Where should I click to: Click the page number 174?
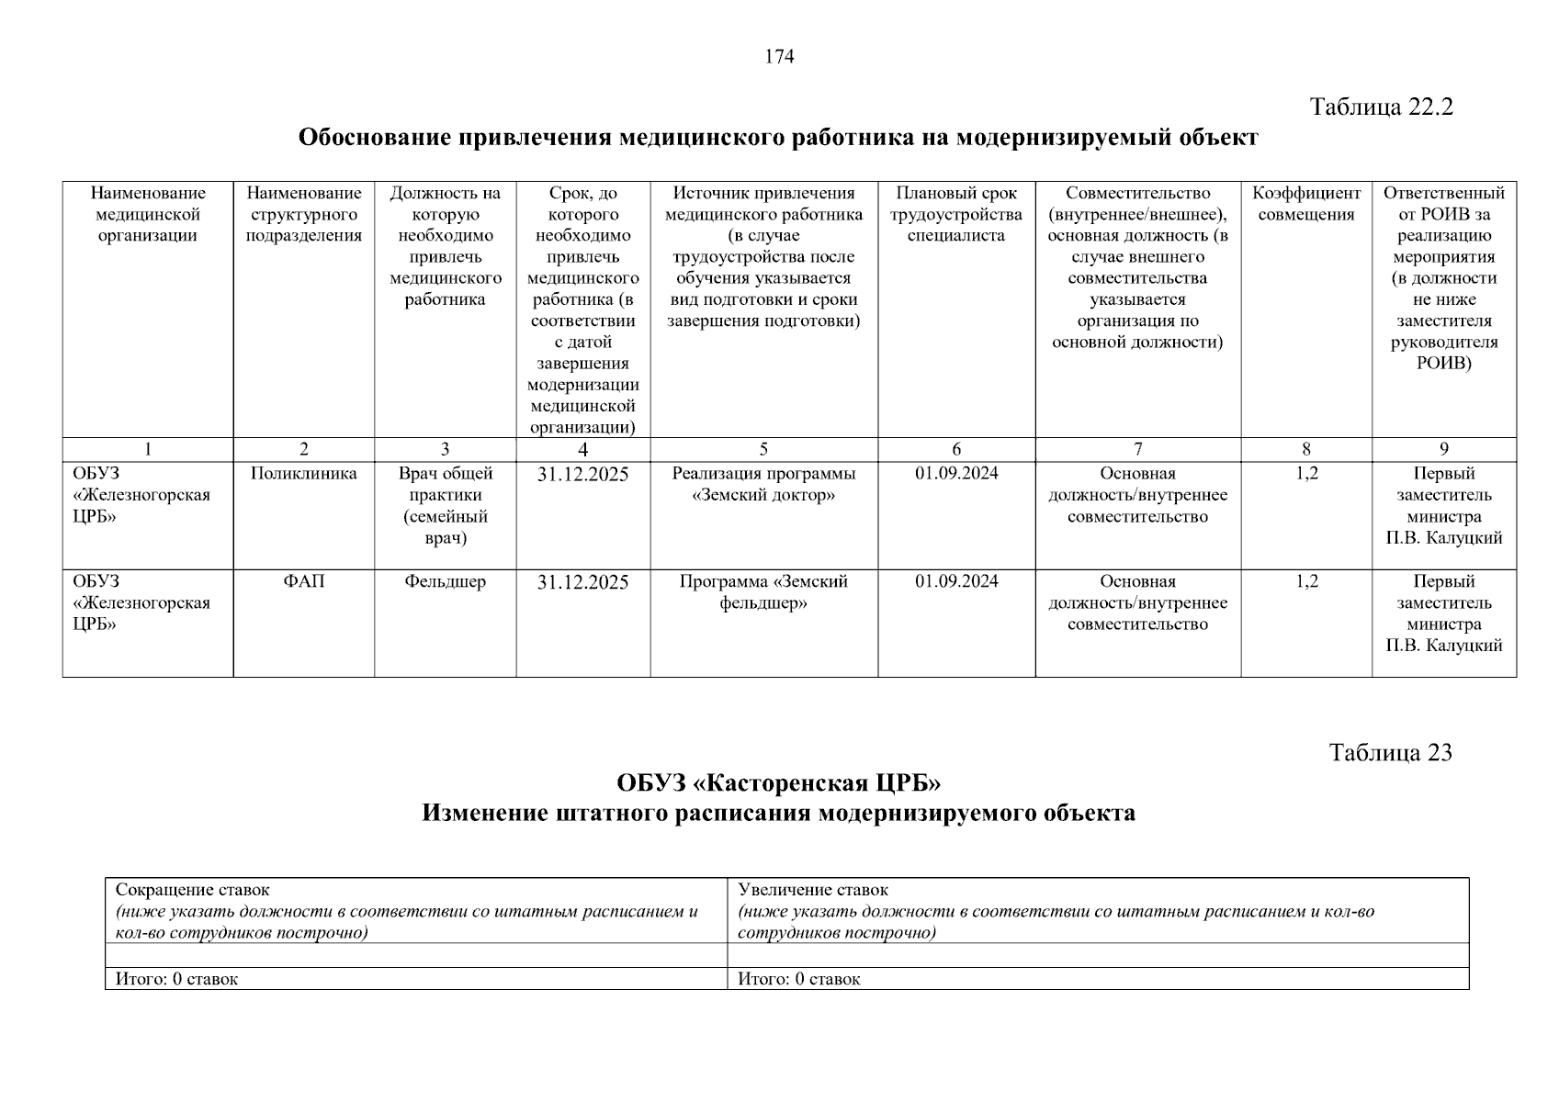779,57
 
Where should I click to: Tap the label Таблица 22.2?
1381,107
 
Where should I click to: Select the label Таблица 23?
1390,753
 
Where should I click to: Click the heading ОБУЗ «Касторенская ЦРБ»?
779,783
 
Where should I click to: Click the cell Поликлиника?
303,474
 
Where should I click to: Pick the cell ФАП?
303,581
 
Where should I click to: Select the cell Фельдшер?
445,581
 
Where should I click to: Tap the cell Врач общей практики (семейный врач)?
445,505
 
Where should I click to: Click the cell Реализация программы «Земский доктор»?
763,484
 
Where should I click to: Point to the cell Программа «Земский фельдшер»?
763,592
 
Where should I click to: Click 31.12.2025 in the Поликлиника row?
582,475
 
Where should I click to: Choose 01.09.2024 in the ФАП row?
956,581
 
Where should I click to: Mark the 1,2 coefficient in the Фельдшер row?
1305,581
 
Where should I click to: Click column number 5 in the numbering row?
763,449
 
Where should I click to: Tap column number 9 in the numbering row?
1443,449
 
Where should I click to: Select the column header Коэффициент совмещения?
1305,204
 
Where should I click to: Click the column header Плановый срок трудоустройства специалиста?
956,214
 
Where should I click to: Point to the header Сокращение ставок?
193,890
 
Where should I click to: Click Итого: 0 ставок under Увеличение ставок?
799,979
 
